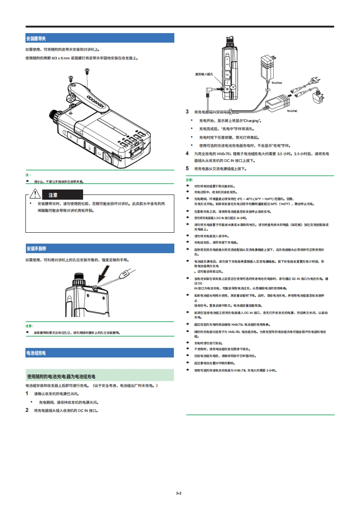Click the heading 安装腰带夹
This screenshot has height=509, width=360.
[36, 39]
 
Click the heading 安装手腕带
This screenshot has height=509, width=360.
[36, 249]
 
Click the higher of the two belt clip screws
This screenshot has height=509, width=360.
[87, 70]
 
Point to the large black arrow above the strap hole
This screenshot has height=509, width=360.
[104, 274]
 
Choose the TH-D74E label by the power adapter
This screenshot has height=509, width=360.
[291, 111]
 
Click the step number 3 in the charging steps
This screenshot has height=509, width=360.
[187, 112]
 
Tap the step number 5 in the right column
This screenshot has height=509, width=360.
[187, 168]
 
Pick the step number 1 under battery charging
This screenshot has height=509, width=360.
[27, 393]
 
